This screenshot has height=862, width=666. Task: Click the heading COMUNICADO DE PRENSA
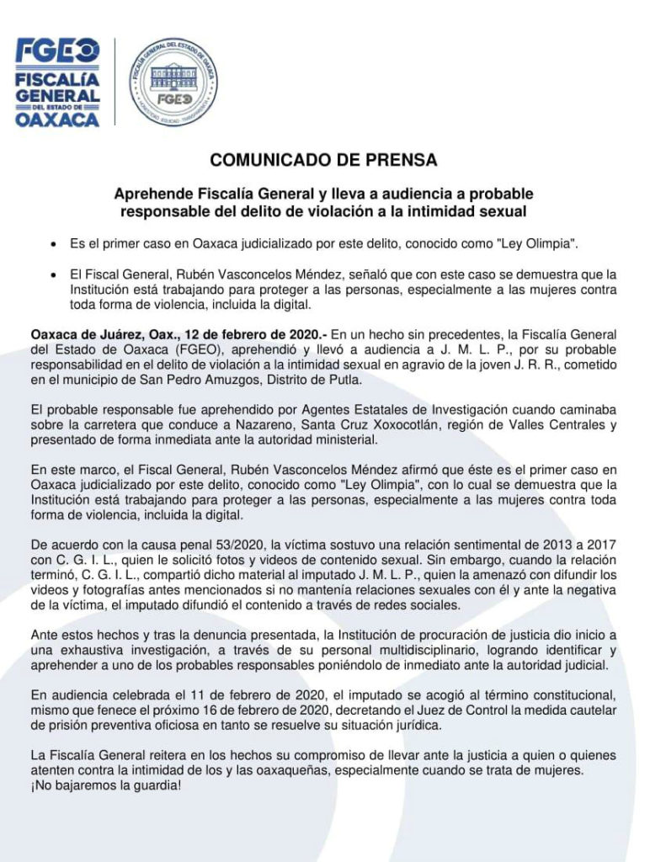click(323, 159)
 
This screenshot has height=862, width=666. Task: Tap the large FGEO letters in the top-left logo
click(57, 50)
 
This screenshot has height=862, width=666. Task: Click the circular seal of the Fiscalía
click(173, 82)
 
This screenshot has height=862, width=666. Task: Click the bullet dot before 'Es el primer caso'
click(54, 244)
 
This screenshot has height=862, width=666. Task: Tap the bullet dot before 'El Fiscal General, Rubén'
click(54, 275)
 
